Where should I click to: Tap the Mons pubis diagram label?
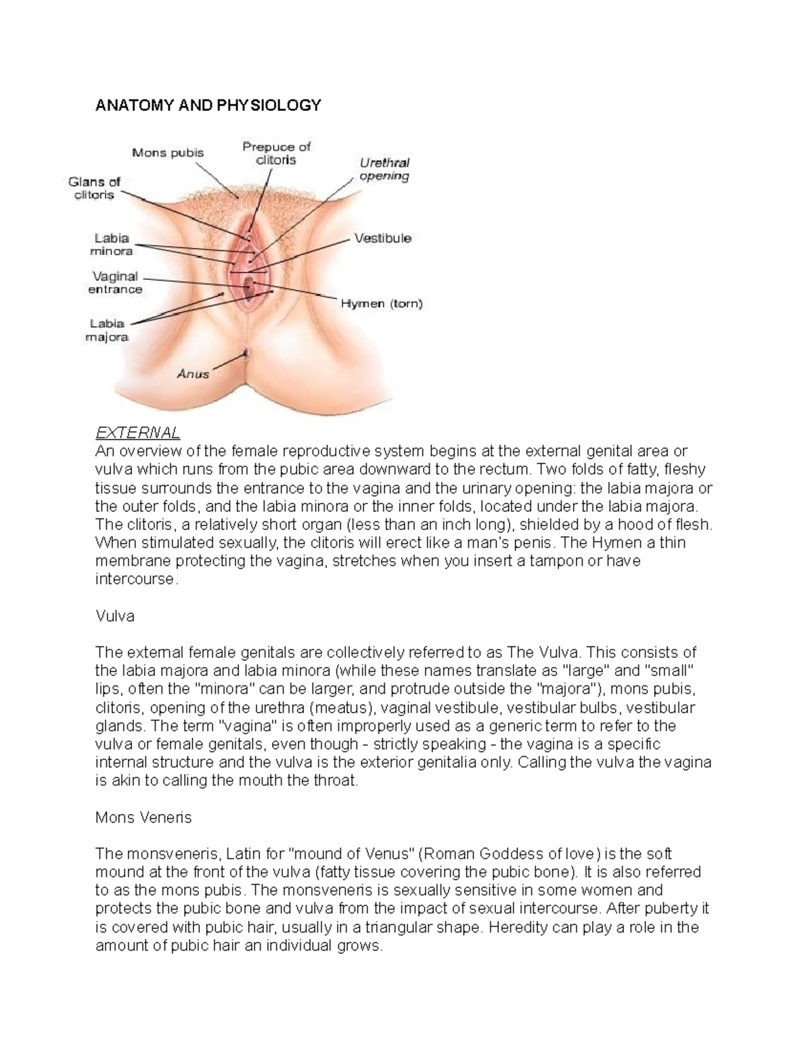167,153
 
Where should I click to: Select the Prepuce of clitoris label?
276,153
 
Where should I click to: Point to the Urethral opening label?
384,169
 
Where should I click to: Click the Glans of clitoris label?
94,188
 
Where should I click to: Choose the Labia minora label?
112,244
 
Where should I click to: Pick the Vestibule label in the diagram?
382,238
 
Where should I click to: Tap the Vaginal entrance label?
115,283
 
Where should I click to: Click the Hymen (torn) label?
381,304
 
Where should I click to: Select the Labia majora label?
107,330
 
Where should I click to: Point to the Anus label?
193,373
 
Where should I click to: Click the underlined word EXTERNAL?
137,433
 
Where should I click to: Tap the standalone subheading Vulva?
115,616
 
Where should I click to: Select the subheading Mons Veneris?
143,817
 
